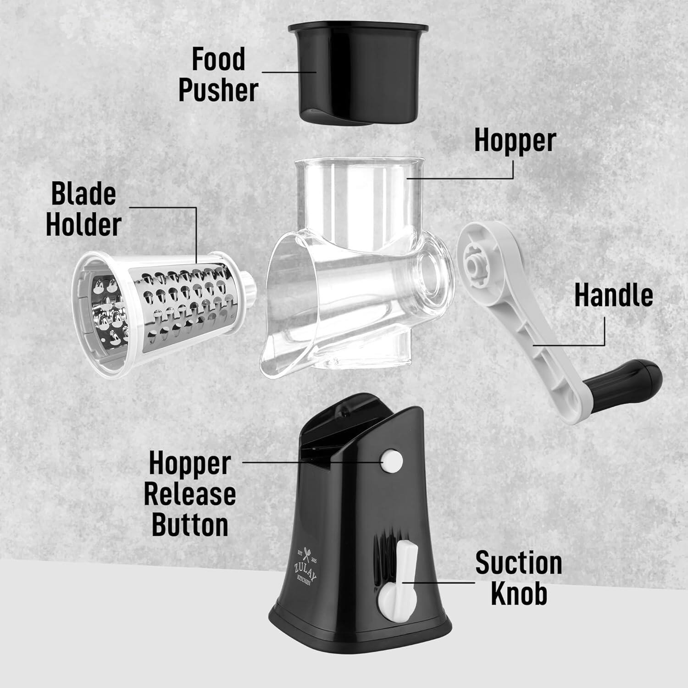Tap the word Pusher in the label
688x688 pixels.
click(x=218, y=90)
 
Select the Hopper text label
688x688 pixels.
click(x=515, y=140)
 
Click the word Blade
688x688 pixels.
click(x=83, y=194)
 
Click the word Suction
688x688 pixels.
click(x=518, y=563)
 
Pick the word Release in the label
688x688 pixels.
click(x=190, y=494)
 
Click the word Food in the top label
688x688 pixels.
click(x=218, y=60)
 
